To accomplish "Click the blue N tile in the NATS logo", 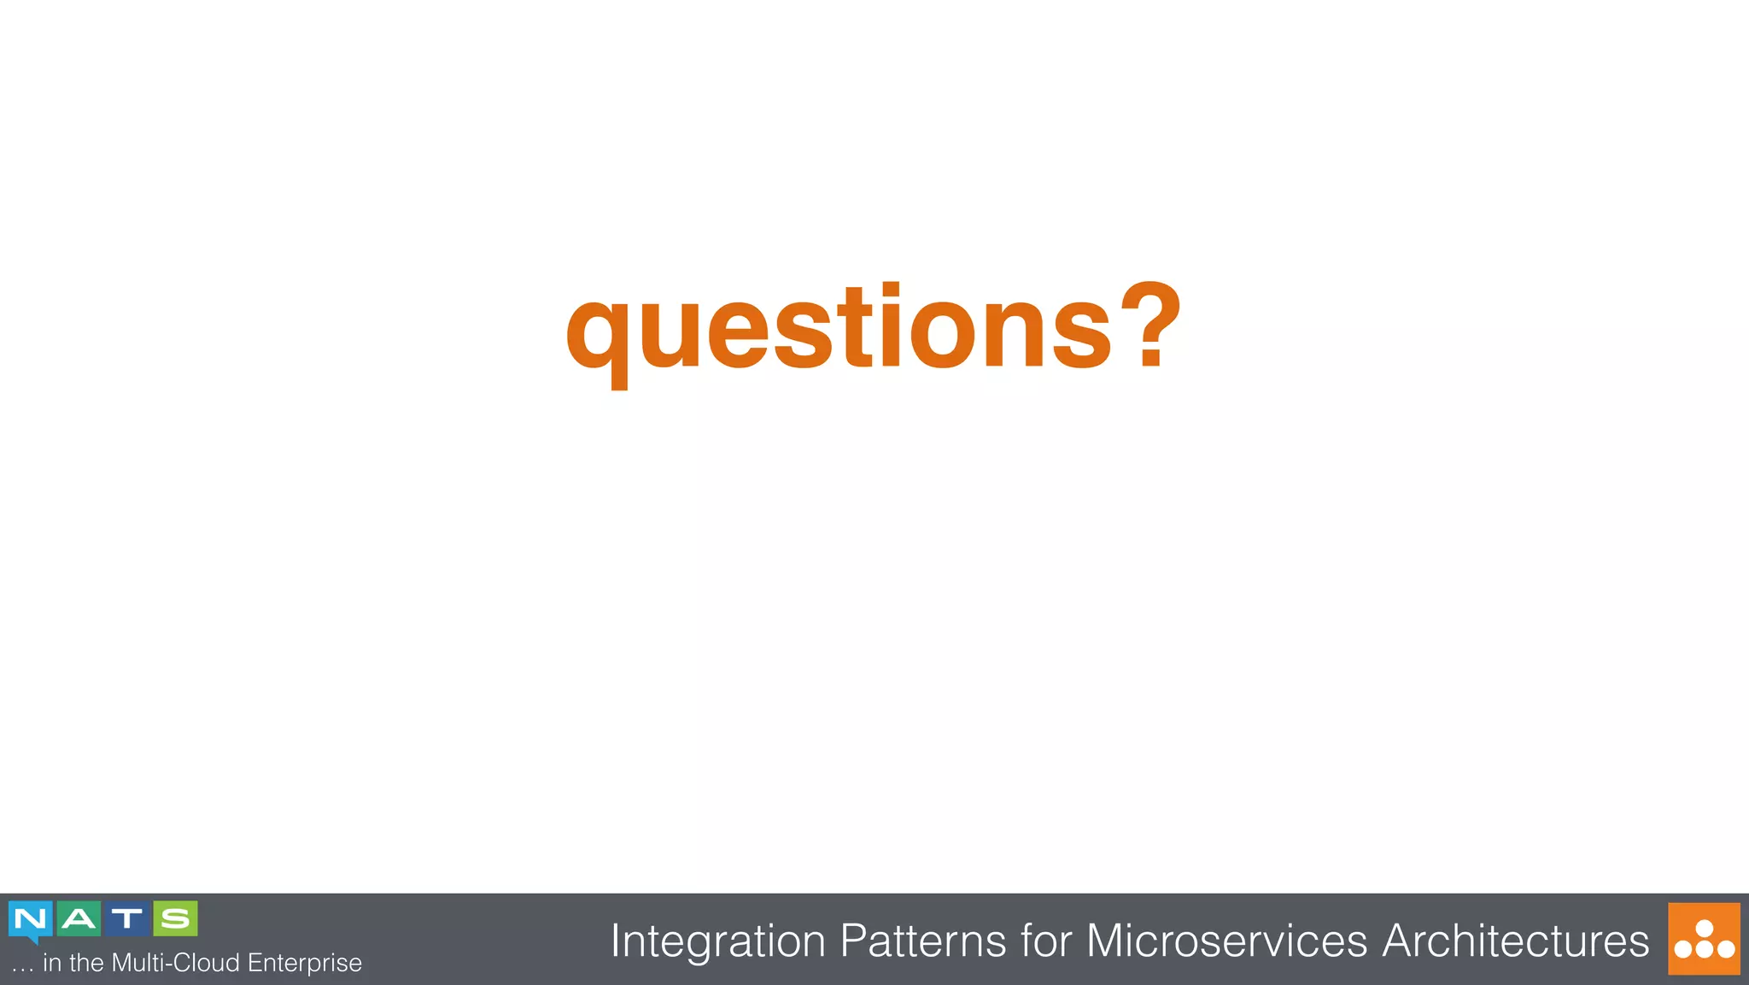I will [x=31, y=919].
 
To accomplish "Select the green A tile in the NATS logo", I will [x=79, y=918].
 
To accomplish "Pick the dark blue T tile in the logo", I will [x=127, y=918].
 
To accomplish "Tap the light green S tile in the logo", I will [x=176, y=918].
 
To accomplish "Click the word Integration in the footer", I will [x=718, y=941].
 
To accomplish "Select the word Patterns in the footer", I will [x=923, y=941].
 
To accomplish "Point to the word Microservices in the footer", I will [x=1226, y=941].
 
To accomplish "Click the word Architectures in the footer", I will [x=1515, y=941].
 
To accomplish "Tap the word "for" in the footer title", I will [x=1046, y=941].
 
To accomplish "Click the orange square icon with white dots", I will [x=1704, y=939].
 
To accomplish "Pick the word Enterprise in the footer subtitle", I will [x=305, y=964].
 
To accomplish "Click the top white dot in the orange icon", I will [x=1705, y=928].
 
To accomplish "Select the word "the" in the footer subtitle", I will [x=87, y=963].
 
